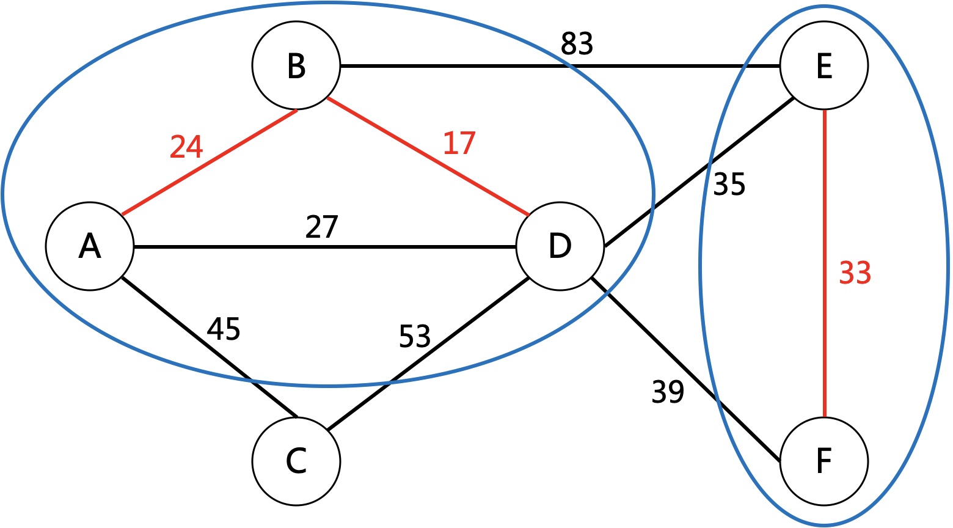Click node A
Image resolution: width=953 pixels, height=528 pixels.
[x=89, y=246]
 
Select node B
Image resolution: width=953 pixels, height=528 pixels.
[x=296, y=65]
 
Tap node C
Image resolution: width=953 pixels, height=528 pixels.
[x=296, y=461]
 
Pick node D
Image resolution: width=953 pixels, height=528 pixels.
[x=560, y=246]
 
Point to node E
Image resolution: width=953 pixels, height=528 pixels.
[x=823, y=65]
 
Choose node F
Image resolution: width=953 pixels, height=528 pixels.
[x=823, y=461]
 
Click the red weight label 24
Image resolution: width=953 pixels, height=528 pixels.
[x=186, y=147]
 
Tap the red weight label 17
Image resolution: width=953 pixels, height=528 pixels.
[x=459, y=143]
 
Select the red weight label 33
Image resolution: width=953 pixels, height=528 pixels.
[x=855, y=273]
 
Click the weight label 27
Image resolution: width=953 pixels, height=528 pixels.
[x=321, y=227]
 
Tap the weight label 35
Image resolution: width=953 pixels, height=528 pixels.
[x=729, y=184]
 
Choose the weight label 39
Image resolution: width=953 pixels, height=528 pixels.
[x=668, y=392]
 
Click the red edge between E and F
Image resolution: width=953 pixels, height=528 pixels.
[x=824, y=342]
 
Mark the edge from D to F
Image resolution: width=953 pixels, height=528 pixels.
[x=684, y=370]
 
